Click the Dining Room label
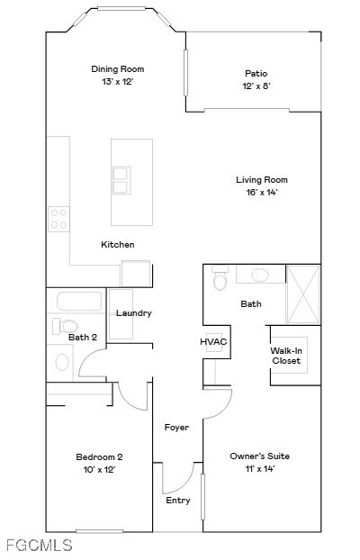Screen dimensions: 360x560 (x=118, y=69)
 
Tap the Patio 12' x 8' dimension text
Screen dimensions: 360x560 (x=256, y=86)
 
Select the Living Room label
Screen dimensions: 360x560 (x=262, y=180)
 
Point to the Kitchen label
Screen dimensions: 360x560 (x=118, y=245)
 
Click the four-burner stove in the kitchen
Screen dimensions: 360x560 (x=58, y=219)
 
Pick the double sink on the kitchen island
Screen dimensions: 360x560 (x=121, y=180)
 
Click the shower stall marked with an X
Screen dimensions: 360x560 (x=303, y=294)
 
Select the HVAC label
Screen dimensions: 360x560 (x=213, y=342)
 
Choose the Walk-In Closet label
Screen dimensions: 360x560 (x=286, y=356)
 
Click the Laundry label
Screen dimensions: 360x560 (x=134, y=313)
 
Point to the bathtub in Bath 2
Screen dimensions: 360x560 (x=79, y=302)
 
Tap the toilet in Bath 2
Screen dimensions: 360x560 (x=66, y=326)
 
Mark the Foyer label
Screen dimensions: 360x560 (x=176, y=428)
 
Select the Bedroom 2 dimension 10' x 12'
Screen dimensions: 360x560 (x=99, y=470)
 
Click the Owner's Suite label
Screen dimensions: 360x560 (x=259, y=456)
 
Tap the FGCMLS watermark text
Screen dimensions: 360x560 (x=40, y=546)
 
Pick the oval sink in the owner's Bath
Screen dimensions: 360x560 (x=260, y=275)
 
